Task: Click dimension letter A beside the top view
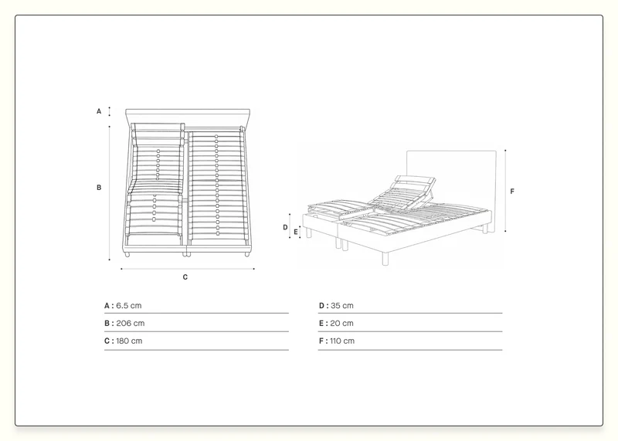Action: (x=99, y=111)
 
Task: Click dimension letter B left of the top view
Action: (x=99, y=187)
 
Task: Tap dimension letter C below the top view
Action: (x=185, y=277)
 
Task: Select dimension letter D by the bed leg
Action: (x=285, y=227)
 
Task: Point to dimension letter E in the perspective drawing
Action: (x=296, y=232)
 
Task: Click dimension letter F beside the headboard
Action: (x=512, y=191)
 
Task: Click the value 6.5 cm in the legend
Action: (x=128, y=305)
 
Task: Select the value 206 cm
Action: (x=131, y=323)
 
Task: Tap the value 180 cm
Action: (x=129, y=341)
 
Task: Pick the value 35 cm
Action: (x=342, y=305)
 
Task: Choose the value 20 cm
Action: (x=341, y=323)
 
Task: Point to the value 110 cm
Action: (x=342, y=341)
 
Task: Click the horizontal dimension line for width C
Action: (x=188, y=269)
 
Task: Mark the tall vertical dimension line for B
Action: (x=109, y=193)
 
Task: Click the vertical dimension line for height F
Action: (x=505, y=191)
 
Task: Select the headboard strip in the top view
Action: (x=188, y=117)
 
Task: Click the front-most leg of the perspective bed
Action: (x=385, y=258)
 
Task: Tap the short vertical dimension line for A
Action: (x=109, y=111)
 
